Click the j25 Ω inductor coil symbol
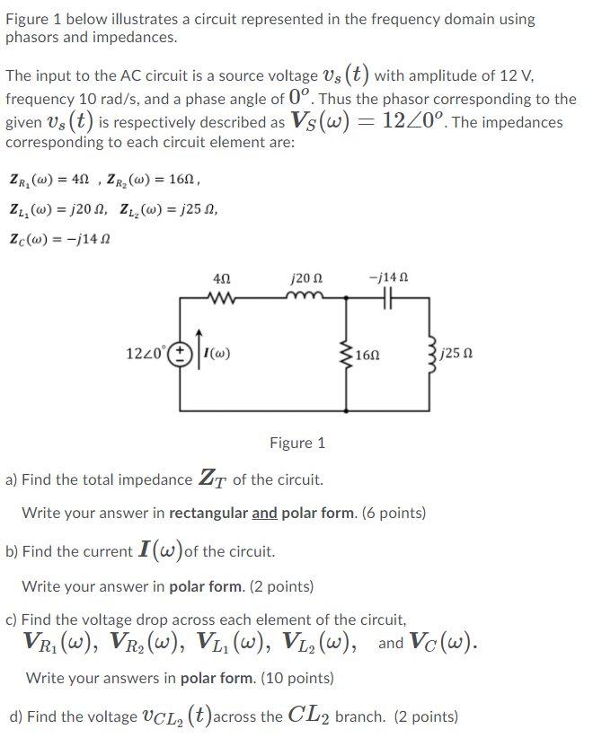(436, 354)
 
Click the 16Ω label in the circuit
(367, 355)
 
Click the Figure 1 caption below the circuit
(297, 443)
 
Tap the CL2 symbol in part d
(310, 716)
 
